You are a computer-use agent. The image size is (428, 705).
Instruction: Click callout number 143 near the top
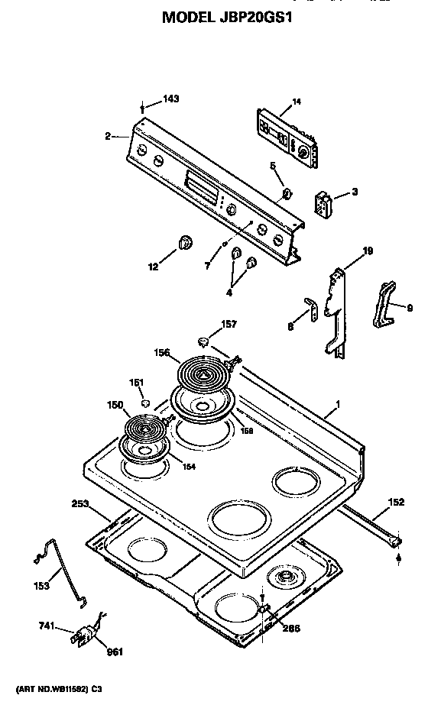[x=170, y=99]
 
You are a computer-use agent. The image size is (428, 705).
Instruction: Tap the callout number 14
[x=297, y=102]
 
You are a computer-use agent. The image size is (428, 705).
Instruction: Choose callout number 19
[x=367, y=251]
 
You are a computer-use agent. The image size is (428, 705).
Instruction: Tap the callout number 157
[x=229, y=325]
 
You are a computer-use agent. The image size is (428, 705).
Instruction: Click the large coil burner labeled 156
[x=203, y=374]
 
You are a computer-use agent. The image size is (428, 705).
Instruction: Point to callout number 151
[x=136, y=383]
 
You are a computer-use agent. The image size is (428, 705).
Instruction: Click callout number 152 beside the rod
[x=395, y=502]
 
